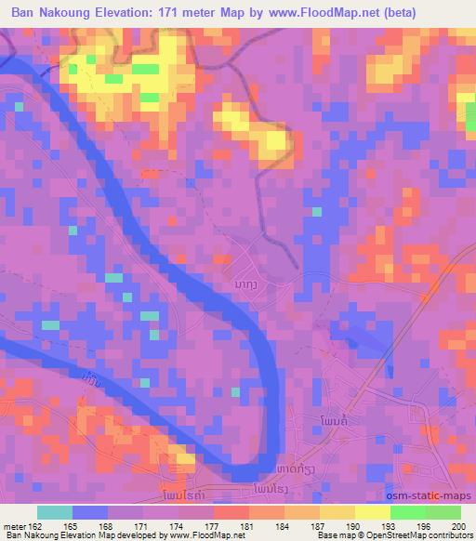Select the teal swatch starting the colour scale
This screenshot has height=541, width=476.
pyautogui.click(x=55, y=512)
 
